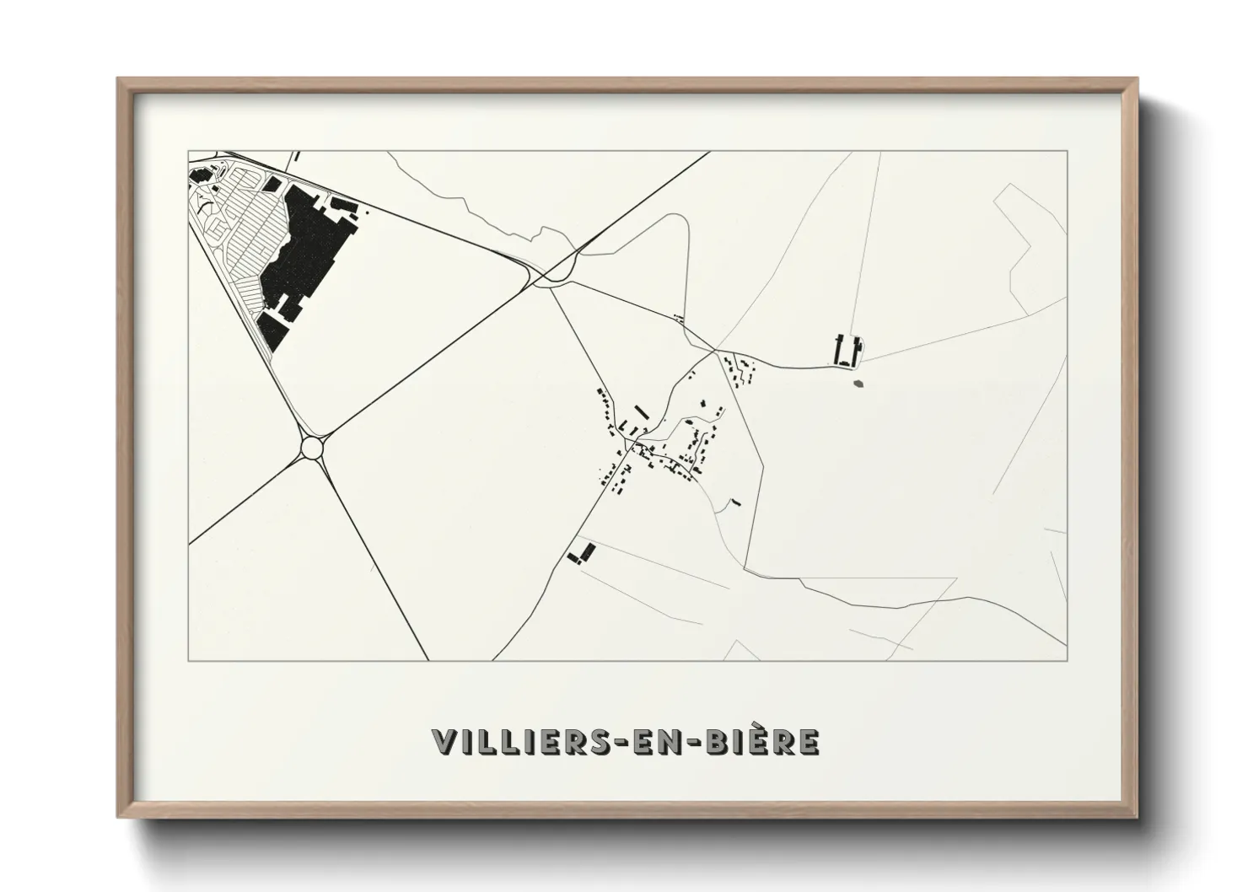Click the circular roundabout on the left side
[x=314, y=447]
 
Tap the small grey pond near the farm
[x=859, y=384]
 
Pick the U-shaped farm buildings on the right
[x=847, y=352]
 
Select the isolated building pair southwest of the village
[x=581, y=553]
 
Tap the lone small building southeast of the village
[x=736, y=502]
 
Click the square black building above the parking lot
[x=272, y=180]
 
